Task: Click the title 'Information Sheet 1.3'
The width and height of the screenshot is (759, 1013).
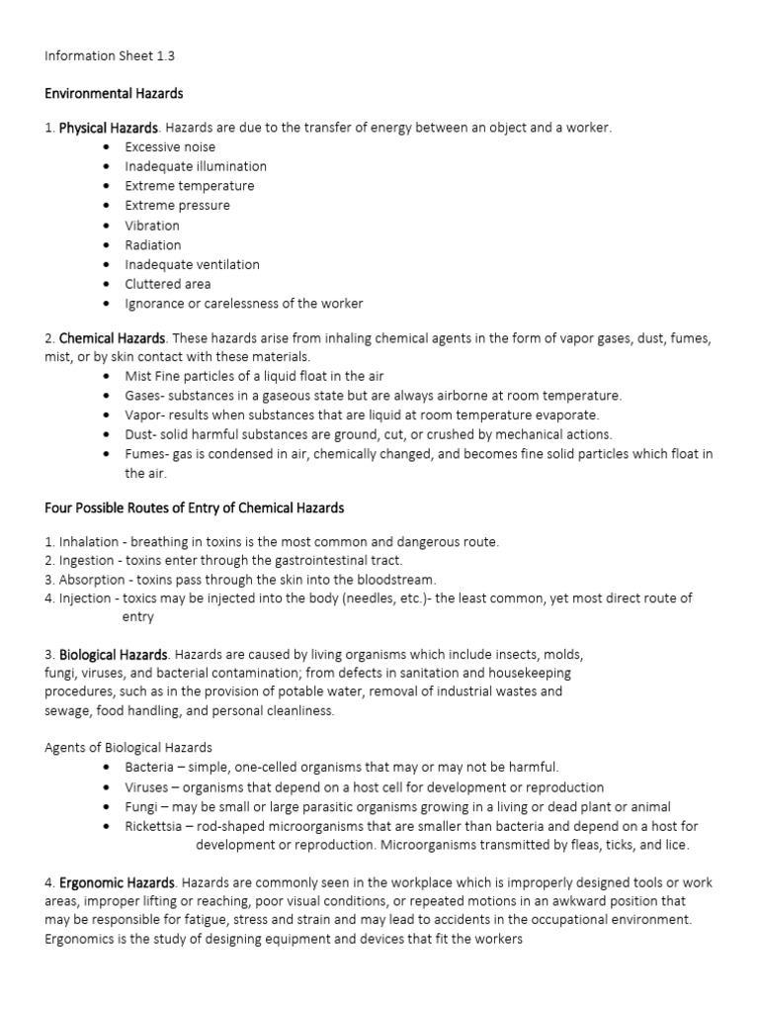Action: (110, 56)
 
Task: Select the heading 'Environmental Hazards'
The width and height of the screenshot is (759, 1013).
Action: (114, 94)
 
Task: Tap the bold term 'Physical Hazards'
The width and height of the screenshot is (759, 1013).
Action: (108, 128)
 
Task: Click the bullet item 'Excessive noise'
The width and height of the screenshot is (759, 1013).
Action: (170, 146)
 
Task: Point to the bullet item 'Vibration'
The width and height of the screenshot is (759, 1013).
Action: (152, 226)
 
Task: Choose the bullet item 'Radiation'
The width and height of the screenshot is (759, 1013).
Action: (153, 244)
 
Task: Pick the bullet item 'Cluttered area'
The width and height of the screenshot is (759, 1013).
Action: (167, 284)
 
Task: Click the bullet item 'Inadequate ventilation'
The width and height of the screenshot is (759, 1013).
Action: (192, 264)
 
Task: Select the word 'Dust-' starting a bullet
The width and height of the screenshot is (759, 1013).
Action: (141, 434)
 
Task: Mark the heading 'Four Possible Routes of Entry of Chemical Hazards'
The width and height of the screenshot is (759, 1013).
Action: (195, 507)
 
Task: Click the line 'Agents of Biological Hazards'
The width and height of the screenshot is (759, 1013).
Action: (128, 747)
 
